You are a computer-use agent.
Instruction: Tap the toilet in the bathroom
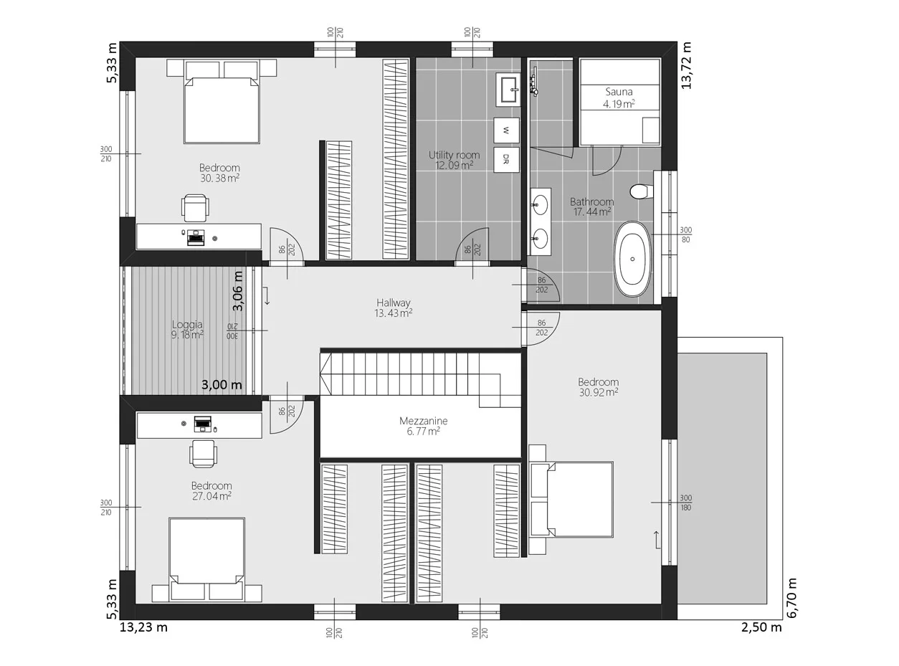coord(641,191)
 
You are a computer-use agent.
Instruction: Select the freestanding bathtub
coord(632,259)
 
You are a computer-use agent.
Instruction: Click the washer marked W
coord(506,130)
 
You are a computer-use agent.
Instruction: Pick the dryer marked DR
coord(506,160)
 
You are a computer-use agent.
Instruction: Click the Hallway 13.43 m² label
coord(393,308)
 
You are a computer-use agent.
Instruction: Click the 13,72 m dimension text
coord(686,65)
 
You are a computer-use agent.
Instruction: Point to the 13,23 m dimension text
coord(143,627)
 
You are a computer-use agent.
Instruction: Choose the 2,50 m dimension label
coord(761,627)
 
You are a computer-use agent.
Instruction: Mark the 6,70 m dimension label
coord(791,598)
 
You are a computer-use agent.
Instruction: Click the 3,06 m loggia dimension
coord(238,291)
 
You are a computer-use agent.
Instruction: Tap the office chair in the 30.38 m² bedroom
coord(196,207)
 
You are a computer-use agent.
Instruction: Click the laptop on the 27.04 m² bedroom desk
coord(202,424)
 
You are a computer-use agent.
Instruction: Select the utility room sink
coord(508,90)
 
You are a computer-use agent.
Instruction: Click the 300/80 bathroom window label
coord(685,234)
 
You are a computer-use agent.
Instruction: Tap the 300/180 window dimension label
coord(685,503)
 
